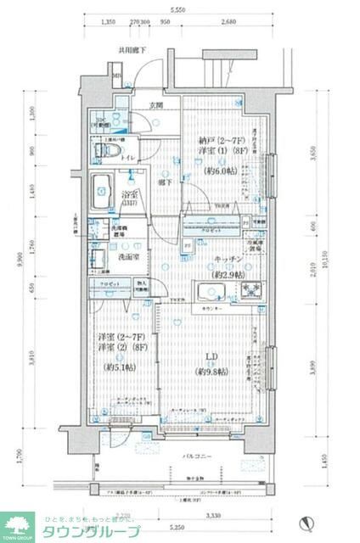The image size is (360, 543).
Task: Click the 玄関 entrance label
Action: tap(156, 107)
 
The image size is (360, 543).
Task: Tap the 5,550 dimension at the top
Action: tap(177, 8)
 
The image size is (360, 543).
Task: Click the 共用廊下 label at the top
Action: tap(132, 51)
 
